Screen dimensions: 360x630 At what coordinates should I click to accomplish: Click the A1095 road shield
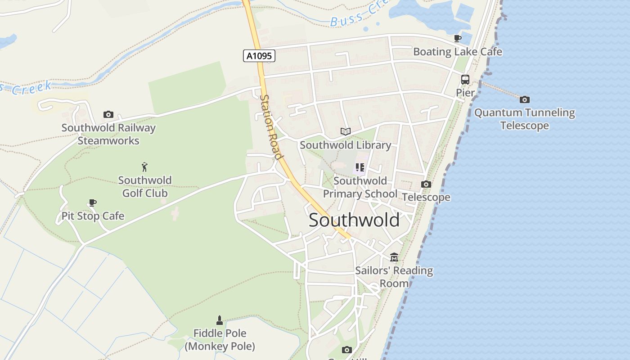pyautogui.click(x=259, y=56)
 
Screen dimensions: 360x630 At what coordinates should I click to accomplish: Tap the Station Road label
pyautogui.click(x=271, y=127)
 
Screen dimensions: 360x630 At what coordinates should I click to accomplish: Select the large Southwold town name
pyautogui.click(x=354, y=220)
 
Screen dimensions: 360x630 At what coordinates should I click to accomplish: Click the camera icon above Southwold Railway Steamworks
pyautogui.click(x=108, y=115)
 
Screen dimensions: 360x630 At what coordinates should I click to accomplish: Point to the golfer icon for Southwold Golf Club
pyautogui.click(x=144, y=167)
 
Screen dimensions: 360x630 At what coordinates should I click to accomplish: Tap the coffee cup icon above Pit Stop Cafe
pyautogui.click(x=92, y=203)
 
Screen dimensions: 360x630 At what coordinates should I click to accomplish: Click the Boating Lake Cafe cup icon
pyautogui.click(x=458, y=39)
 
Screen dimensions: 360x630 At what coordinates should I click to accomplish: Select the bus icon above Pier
pyautogui.click(x=465, y=80)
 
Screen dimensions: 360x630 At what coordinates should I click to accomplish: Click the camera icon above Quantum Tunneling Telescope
pyautogui.click(x=524, y=99)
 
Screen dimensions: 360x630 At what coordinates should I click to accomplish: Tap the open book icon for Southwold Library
pyautogui.click(x=345, y=132)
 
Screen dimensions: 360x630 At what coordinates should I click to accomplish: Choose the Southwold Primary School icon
pyautogui.click(x=360, y=168)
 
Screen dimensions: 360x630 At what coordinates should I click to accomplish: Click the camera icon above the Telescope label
pyautogui.click(x=426, y=184)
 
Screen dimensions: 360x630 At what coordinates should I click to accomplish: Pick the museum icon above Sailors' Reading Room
pyautogui.click(x=394, y=257)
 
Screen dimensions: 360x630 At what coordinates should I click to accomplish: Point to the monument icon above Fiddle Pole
pyautogui.click(x=220, y=320)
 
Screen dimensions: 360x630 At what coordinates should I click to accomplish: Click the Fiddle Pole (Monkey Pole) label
pyautogui.click(x=220, y=340)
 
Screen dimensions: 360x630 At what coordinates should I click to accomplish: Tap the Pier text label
pyautogui.click(x=465, y=93)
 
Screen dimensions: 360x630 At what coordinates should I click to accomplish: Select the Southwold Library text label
pyautogui.click(x=345, y=145)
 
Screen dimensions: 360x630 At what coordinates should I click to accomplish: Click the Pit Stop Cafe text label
pyautogui.click(x=93, y=216)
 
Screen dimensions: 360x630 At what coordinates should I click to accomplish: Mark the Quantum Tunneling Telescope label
pyautogui.click(x=524, y=119)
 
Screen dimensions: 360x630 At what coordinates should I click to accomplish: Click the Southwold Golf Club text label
pyautogui.click(x=144, y=187)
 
